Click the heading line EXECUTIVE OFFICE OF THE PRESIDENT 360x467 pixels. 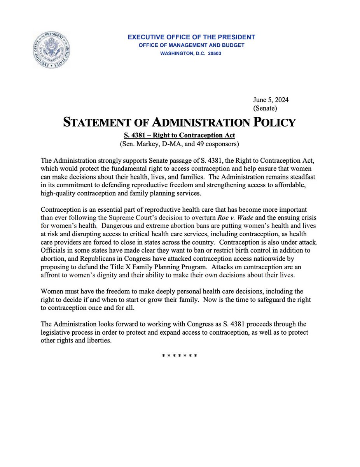point(191,37)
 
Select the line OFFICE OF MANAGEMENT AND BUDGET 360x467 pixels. point(191,46)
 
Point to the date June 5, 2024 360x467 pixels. point(271,100)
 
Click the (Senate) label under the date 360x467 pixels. point(265,108)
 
